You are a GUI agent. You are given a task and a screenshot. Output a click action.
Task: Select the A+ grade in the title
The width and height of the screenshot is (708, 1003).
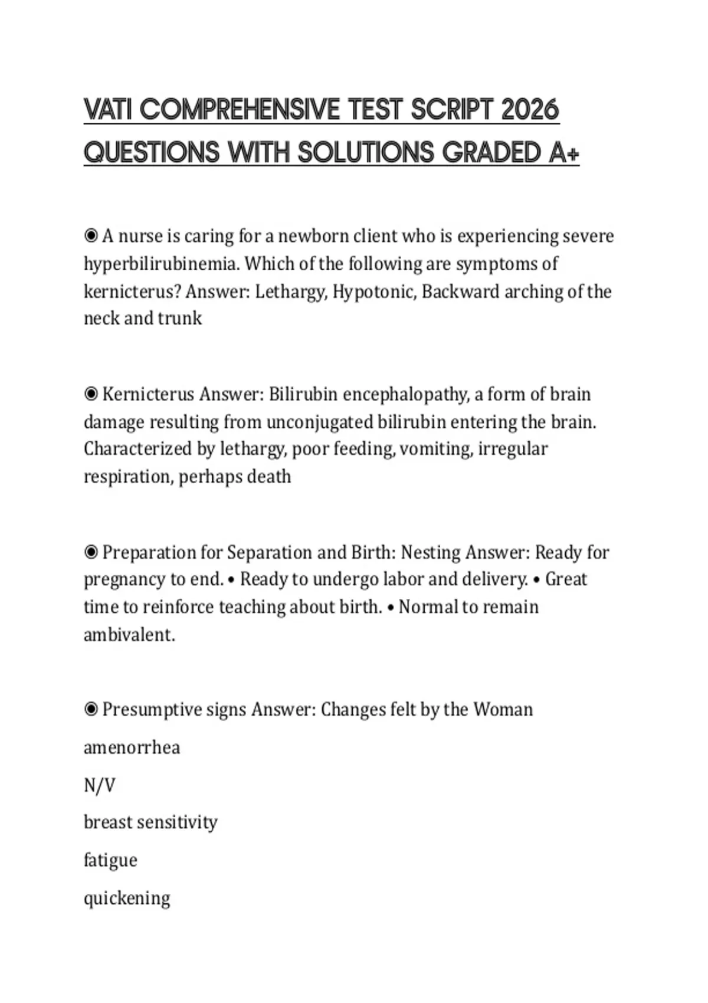(x=564, y=153)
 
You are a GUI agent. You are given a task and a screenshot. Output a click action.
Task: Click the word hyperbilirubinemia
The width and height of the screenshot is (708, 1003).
(x=162, y=264)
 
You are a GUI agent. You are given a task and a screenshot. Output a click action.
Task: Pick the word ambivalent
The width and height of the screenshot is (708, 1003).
(x=129, y=635)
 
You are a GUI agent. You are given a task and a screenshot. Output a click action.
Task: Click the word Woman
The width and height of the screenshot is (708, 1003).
(x=503, y=709)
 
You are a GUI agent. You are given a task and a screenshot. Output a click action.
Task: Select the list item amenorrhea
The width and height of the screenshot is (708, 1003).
(x=132, y=748)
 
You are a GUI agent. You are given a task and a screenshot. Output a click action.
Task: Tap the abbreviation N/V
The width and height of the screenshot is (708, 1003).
(x=99, y=785)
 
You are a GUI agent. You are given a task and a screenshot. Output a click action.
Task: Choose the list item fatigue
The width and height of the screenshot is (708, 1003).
(x=110, y=860)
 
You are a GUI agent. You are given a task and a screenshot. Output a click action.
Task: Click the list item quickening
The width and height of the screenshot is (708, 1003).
(x=127, y=898)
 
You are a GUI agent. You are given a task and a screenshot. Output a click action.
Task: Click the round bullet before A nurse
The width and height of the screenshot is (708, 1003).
(x=91, y=236)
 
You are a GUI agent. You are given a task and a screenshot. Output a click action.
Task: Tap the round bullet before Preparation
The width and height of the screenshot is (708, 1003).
(x=91, y=552)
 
